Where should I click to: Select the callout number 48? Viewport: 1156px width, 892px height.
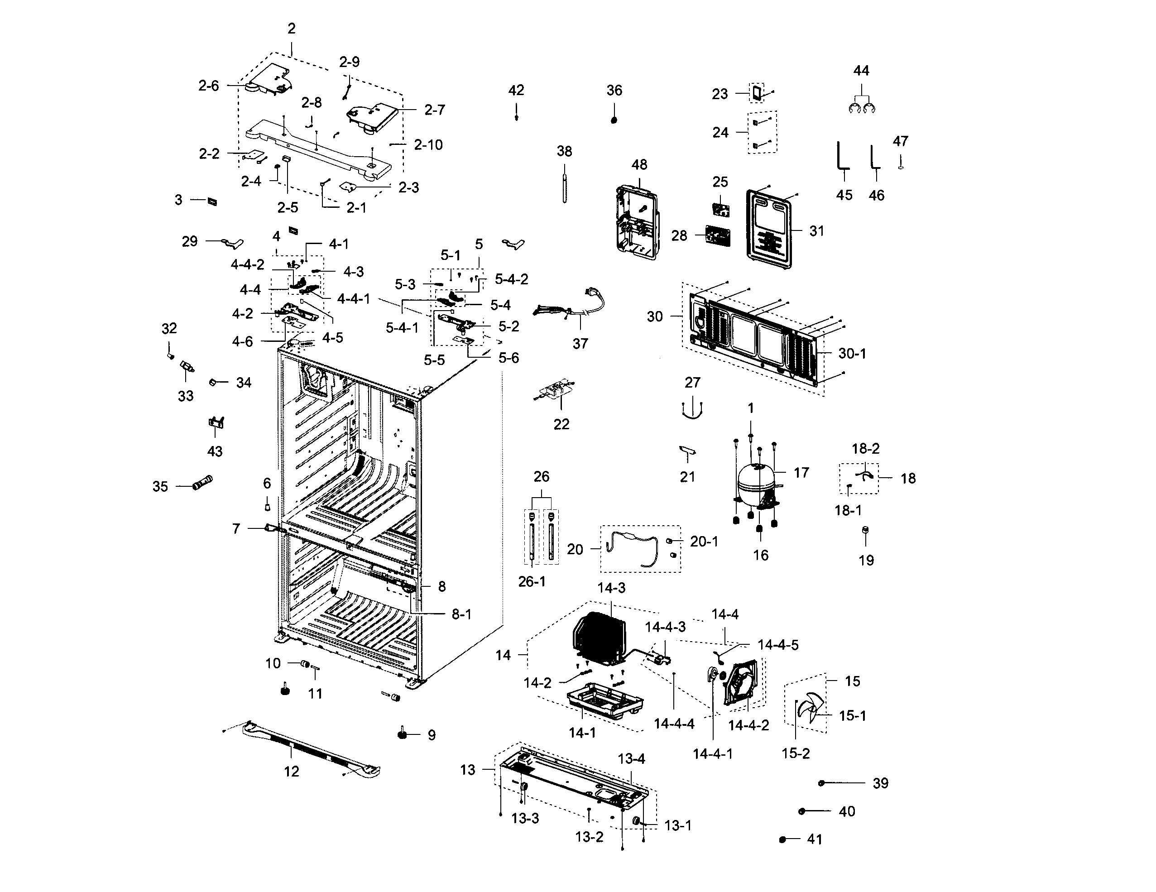(x=639, y=165)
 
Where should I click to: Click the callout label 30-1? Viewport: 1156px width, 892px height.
(x=852, y=354)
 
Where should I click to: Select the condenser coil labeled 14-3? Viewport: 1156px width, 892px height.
(x=599, y=638)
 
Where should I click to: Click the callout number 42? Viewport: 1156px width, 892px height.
(x=516, y=91)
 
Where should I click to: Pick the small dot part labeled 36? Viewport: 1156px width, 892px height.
(x=614, y=120)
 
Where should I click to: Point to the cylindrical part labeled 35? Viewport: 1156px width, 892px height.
(x=203, y=483)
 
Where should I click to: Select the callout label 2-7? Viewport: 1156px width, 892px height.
(x=434, y=110)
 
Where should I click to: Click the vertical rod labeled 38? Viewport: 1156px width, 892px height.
(x=564, y=182)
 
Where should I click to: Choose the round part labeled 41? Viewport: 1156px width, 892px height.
(x=783, y=839)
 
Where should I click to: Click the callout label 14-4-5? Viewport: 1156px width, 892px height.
(x=777, y=645)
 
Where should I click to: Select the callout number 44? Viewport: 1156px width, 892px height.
(x=861, y=70)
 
